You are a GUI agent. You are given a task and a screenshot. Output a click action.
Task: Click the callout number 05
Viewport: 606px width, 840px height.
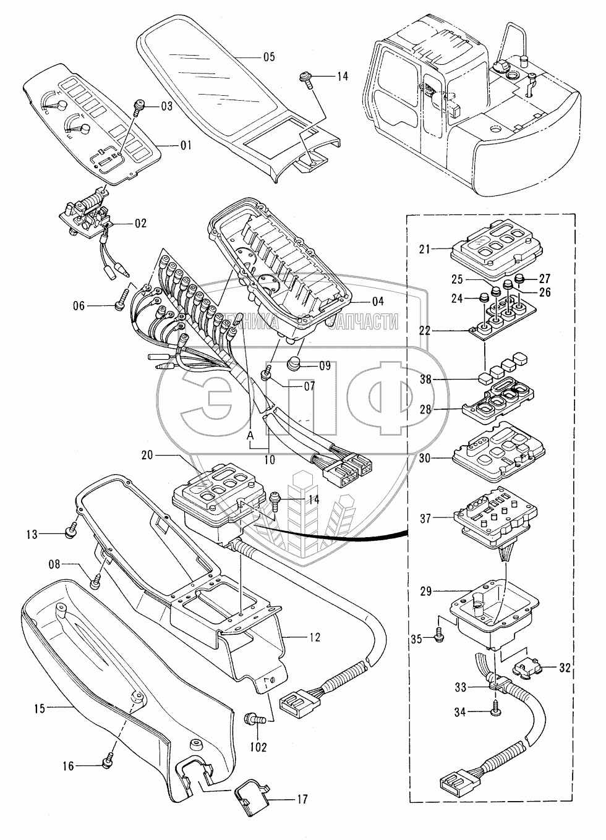[268, 57]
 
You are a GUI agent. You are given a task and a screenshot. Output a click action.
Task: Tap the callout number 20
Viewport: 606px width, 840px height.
[147, 455]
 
